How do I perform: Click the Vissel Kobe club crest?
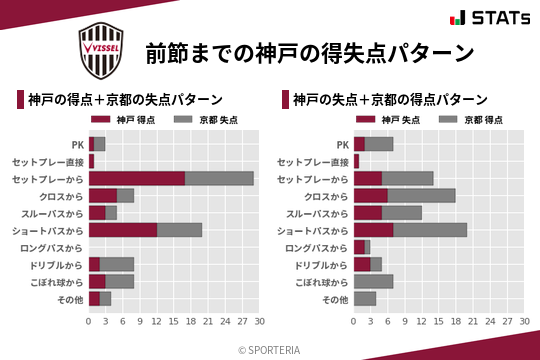point(104,48)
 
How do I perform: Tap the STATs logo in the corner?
point(487,18)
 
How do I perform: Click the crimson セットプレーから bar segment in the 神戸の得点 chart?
point(137,178)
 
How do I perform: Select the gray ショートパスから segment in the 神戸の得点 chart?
point(179,230)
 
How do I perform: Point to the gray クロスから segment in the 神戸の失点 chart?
point(421,195)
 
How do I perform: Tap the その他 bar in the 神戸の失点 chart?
point(365,299)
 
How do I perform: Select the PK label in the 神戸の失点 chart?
point(343,144)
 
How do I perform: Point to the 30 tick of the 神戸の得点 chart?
point(259,322)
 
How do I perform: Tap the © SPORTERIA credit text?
point(270,349)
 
